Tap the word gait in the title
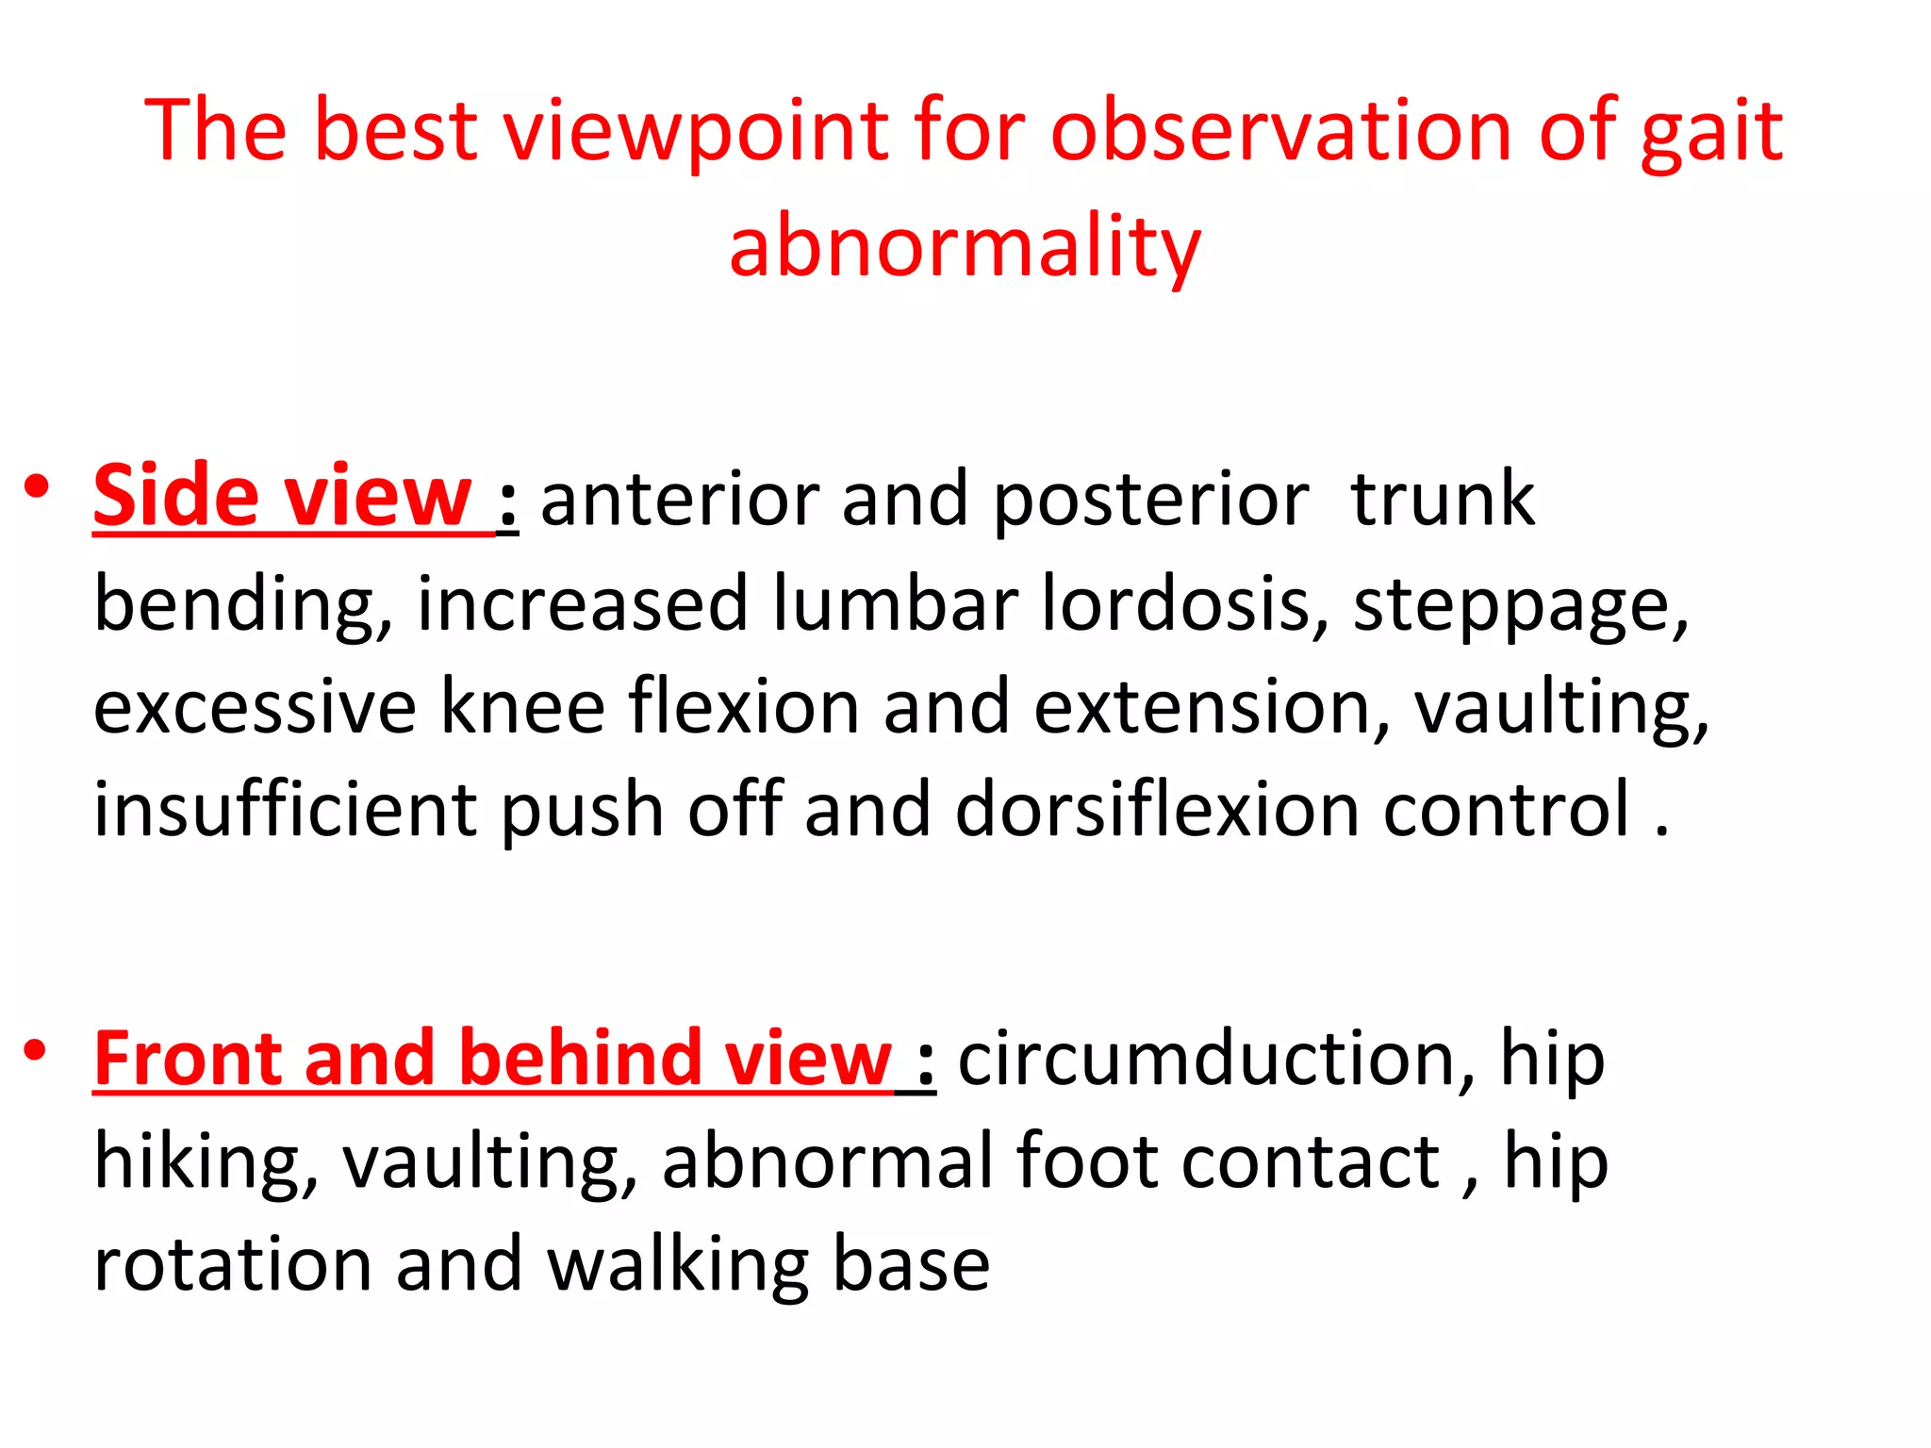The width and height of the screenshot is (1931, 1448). pyautogui.click(x=1710, y=132)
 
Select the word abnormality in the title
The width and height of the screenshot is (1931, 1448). pyautogui.click(x=965, y=247)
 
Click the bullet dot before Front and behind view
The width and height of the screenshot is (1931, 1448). pyautogui.click(x=37, y=1049)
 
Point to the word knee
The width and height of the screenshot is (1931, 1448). pyautogui.click(x=522, y=706)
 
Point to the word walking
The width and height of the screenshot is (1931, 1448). pyautogui.click(x=678, y=1266)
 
